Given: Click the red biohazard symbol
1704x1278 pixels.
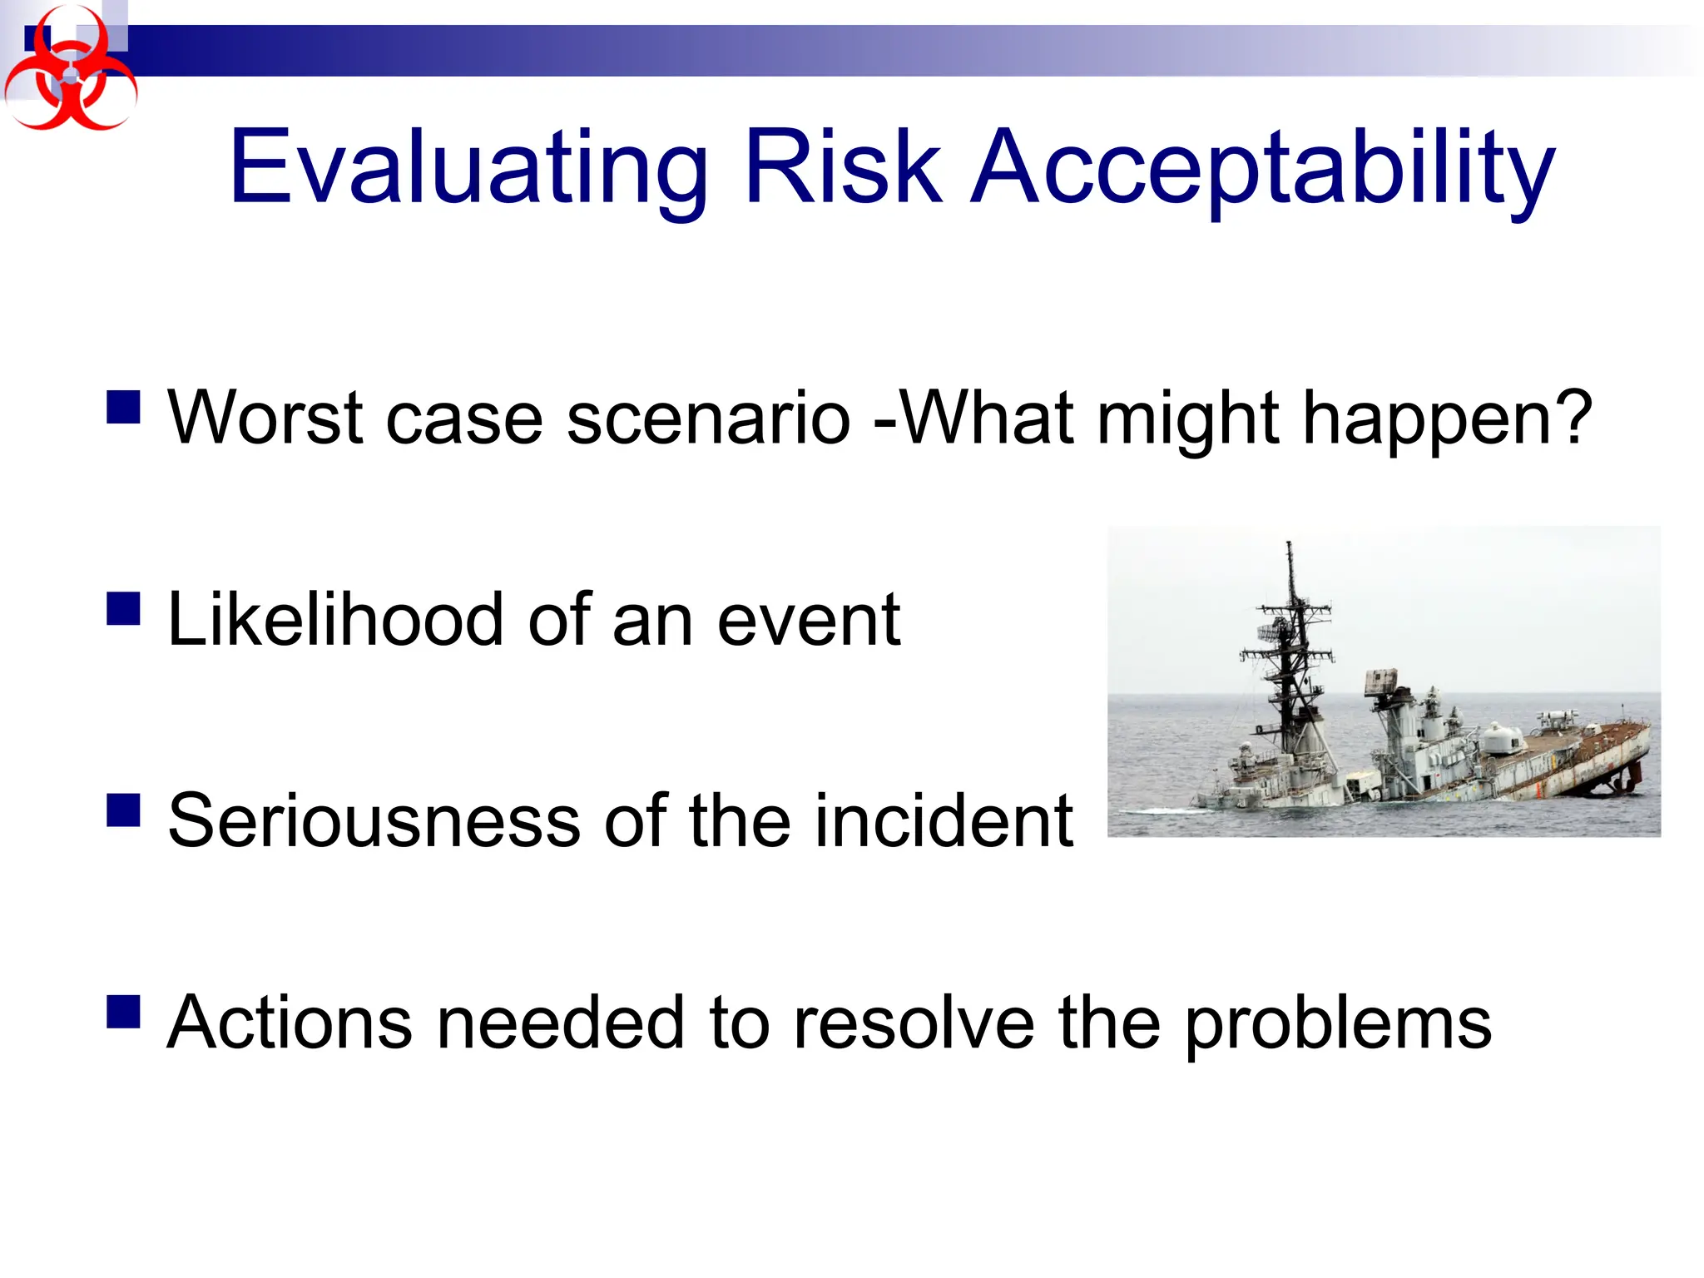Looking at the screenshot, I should [70, 72].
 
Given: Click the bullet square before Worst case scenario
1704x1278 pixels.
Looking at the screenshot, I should [123, 408].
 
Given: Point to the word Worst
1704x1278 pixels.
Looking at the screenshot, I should [265, 418].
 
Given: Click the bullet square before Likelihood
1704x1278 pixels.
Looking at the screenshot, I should [123, 608].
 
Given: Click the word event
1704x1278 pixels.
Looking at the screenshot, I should [808, 621].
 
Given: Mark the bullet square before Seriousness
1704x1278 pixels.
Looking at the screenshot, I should [123, 809].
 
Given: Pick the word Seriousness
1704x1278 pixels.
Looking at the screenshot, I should [374, 821].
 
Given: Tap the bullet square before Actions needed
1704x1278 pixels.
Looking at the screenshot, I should [123, 1012].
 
